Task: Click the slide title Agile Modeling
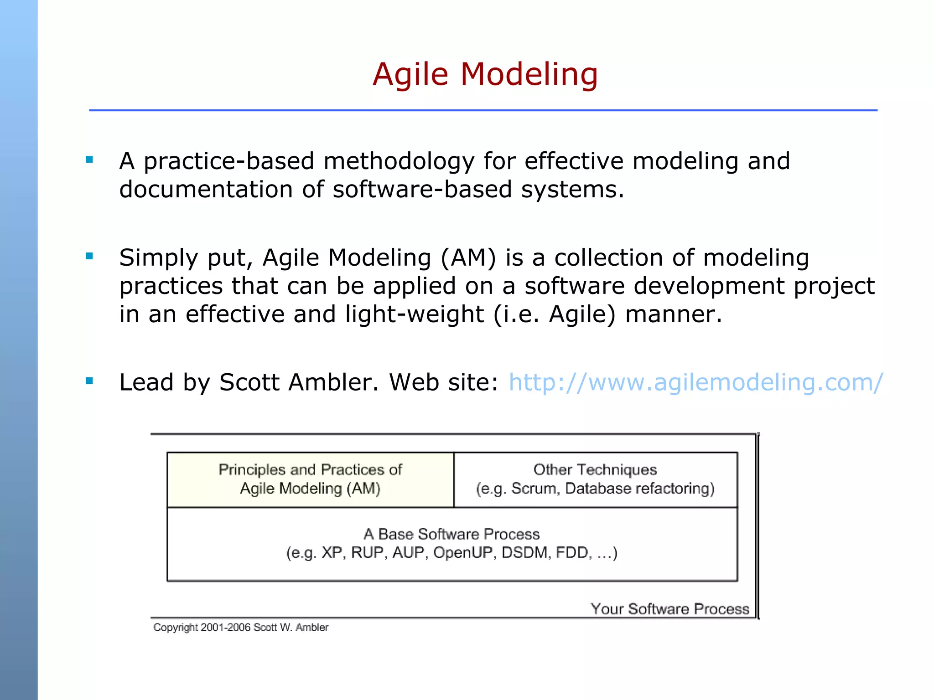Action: tap(485, 74)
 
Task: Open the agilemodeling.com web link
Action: tap(695, 382)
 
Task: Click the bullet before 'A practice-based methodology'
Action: tap(89, 160)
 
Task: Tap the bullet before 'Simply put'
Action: tap(89, 256)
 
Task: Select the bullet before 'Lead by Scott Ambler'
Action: tap(89, 381)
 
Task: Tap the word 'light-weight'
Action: tap(414, 314)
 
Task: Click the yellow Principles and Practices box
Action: tap(310, 479)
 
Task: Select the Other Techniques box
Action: tap(595, 479)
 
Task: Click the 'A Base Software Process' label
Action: tap(451, 534)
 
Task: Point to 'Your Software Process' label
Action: tap(669, 609)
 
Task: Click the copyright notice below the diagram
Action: tap(241, 628)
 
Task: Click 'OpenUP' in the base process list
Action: tap(464, 553)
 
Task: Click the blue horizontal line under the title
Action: tap(483, 110)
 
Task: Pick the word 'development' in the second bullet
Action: tap(709, 286)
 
